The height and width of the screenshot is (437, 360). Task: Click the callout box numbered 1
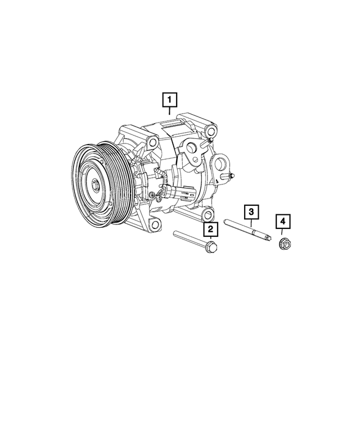pos(169,100)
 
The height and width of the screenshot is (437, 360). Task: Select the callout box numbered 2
pos(210,229)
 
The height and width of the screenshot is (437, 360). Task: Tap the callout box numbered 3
pos(251,212)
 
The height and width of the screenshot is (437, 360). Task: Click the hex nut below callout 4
pos(284,244)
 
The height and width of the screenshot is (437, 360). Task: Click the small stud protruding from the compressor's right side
pos(230,177)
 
